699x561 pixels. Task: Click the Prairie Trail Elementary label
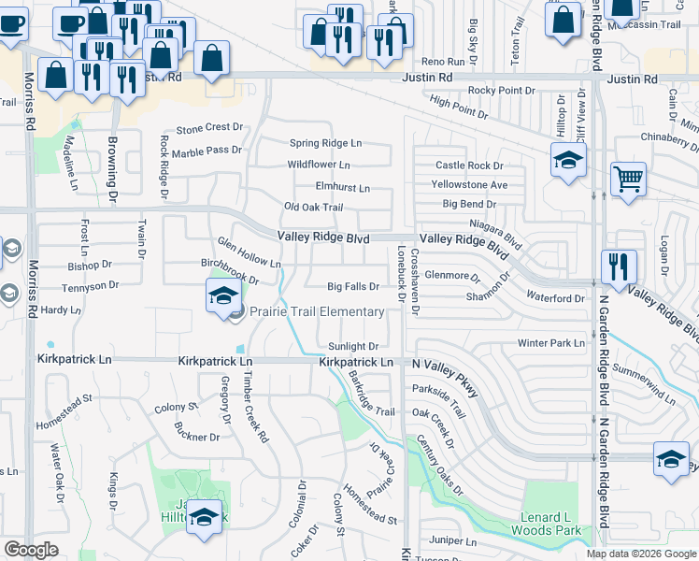coord(316,311)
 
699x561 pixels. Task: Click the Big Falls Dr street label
coord(353,287)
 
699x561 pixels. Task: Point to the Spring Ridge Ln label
coord(324,143)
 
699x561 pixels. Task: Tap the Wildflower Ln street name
coord(319,165)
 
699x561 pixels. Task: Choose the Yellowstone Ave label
coord(471,184)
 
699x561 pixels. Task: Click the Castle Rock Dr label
coord(469,165)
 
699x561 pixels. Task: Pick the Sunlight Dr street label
coord(352,346)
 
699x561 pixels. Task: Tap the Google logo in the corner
coord(31,550)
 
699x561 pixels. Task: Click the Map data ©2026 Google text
coord(640,554)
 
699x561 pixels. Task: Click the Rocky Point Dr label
coord(501,90)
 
